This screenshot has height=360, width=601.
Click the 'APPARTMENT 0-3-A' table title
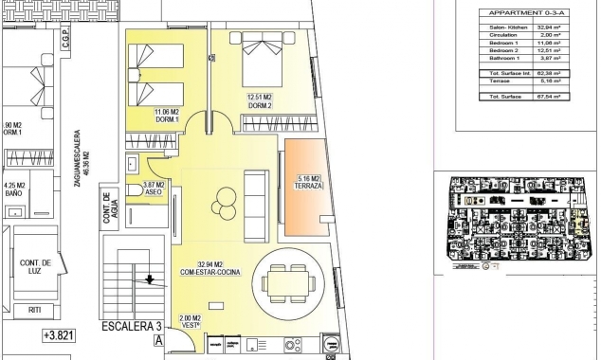coord(513,12)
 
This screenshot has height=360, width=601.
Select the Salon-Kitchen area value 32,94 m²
coord(546,29)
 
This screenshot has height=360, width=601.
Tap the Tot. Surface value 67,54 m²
coord(546,96)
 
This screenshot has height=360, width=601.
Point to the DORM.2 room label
coord(261,103)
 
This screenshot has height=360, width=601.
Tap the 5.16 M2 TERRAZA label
coord(309,182)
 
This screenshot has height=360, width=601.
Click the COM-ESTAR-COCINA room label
coord(210,273)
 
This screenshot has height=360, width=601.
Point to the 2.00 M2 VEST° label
coord(192,322)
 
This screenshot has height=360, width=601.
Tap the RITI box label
coord(34,308)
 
